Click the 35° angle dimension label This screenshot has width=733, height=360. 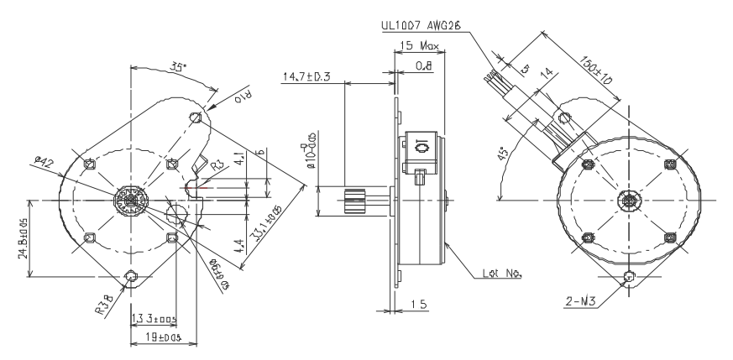point(177,66)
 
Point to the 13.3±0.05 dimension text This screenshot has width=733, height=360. point(154,319)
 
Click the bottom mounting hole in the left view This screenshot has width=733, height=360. point(131,276)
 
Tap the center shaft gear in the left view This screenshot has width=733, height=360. point(131,201)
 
